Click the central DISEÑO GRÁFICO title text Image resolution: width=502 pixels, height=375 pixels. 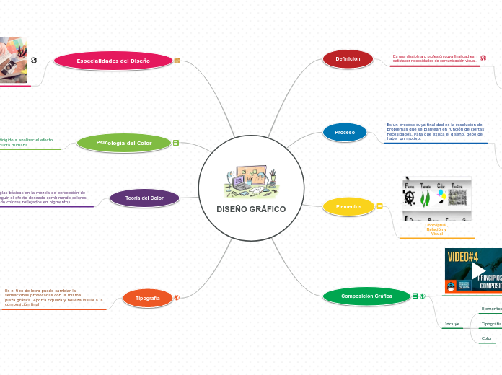pyautogui.click(x=251, y=209)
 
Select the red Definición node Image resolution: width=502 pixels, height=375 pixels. pyautogui.click(x=348, y=58)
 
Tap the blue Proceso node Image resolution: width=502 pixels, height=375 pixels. pyautogui.click(x=345, y=132)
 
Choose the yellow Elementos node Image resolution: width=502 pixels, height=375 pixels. pyautogui.click(x=348, y=206)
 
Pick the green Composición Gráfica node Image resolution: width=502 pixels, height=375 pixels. pyautogui.click(x=366, y=296)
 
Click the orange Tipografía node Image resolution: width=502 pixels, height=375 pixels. pyautogui.click(x=148, y=298)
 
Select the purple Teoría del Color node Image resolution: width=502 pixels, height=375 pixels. pyautogui.click(x=144, y=198)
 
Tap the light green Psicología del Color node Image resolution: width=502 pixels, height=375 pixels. pyautogui.click(x=124, y=143)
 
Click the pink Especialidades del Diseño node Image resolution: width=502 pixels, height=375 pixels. pyautogui.click(x=113, y=61)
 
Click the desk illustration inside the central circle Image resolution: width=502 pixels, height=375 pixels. pyautogui.click(x=250, y=182)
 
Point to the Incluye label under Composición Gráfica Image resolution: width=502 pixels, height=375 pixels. pyautogui.click(x=452, y=324)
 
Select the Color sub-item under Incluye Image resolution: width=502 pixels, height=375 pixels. pyautogui.click(x=487, y=338)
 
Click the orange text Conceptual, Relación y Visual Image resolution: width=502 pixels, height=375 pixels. pyautogui.click(x=436, y=229)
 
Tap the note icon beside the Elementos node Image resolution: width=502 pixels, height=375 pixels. pyautogui.click(x=380, y=206)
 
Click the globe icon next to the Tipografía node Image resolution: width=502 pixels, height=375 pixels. pyautogui.click(x=177, y=297)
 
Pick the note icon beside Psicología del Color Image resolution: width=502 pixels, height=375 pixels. pyautogui.click(x=176, y=143)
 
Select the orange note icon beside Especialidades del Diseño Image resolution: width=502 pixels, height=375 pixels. pyautogui.click(x=177, y=61)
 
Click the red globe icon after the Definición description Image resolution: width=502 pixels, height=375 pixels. pyautogui.click(x=483, y=58)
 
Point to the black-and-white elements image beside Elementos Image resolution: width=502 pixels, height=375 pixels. pyautogui.click(x=436, y=198)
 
